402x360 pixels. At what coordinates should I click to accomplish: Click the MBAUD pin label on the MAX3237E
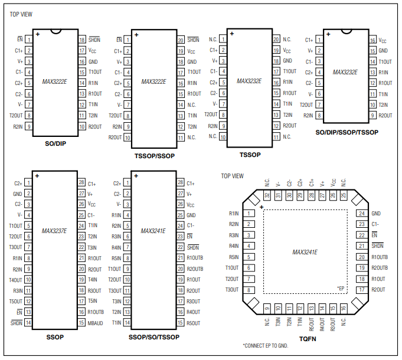click(x=96, y=323)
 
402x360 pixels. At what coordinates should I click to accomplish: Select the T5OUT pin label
click(x=15, y=302)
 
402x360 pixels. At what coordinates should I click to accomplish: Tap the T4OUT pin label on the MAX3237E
click(x=15, y=280)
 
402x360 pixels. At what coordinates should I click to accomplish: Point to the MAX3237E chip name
click(x=55, y=231)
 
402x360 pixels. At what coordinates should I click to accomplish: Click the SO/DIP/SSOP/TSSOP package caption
click(x=347, y=132)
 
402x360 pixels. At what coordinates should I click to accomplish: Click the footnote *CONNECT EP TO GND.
click(x=265, y=345)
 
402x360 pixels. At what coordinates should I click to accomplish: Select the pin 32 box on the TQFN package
click(x=267, y=195)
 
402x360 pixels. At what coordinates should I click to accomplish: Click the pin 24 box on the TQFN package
click(x=361, y=213)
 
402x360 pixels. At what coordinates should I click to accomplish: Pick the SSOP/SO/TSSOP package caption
click(x=153, y=336)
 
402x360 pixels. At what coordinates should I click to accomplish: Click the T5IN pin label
click(x=93, y=301)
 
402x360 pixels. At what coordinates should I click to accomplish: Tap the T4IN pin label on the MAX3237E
click(x=93, y=280)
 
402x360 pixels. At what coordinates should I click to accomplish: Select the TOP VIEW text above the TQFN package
click(x=232, y=176)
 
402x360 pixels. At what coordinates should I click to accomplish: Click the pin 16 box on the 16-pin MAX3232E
click(x=372, y=40)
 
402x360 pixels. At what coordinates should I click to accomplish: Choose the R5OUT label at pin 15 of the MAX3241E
click(x=194, y=323)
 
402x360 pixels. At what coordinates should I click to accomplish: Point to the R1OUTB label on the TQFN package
click(x=380, y=257)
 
